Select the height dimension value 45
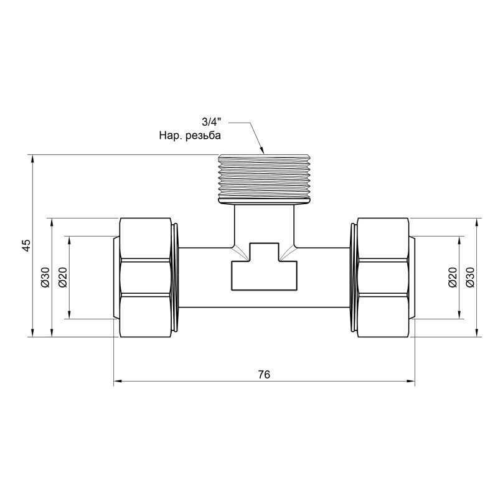pyautogui.click(x=26, y=245)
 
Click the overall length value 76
pyautogui.click(x=264, y=374)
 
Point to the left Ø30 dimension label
pyautogui.click(x=45, y=277)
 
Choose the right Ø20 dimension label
pyautogui.click(x=453, y=277)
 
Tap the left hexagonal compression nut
pyautogui.click(x=146, y=277)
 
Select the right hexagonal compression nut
pyautogui.click(x=383, y=277)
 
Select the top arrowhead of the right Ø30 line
pyautogui.click(x=477, y=222)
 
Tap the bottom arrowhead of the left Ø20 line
pyautogui.click(x=68, y=315)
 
